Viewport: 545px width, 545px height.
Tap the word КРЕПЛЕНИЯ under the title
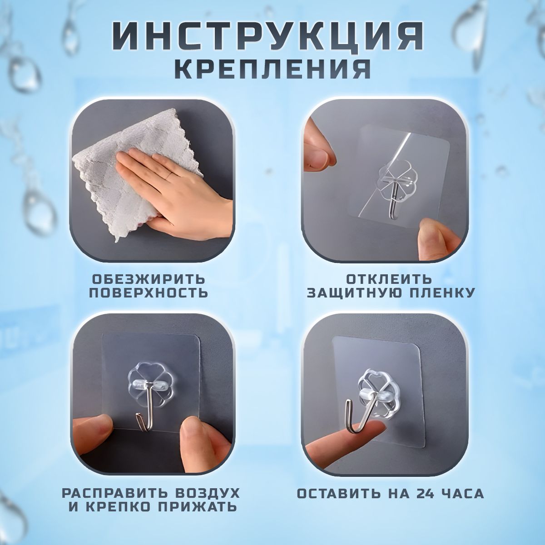(272, 69)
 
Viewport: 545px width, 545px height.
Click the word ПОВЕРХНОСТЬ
(149, 292)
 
